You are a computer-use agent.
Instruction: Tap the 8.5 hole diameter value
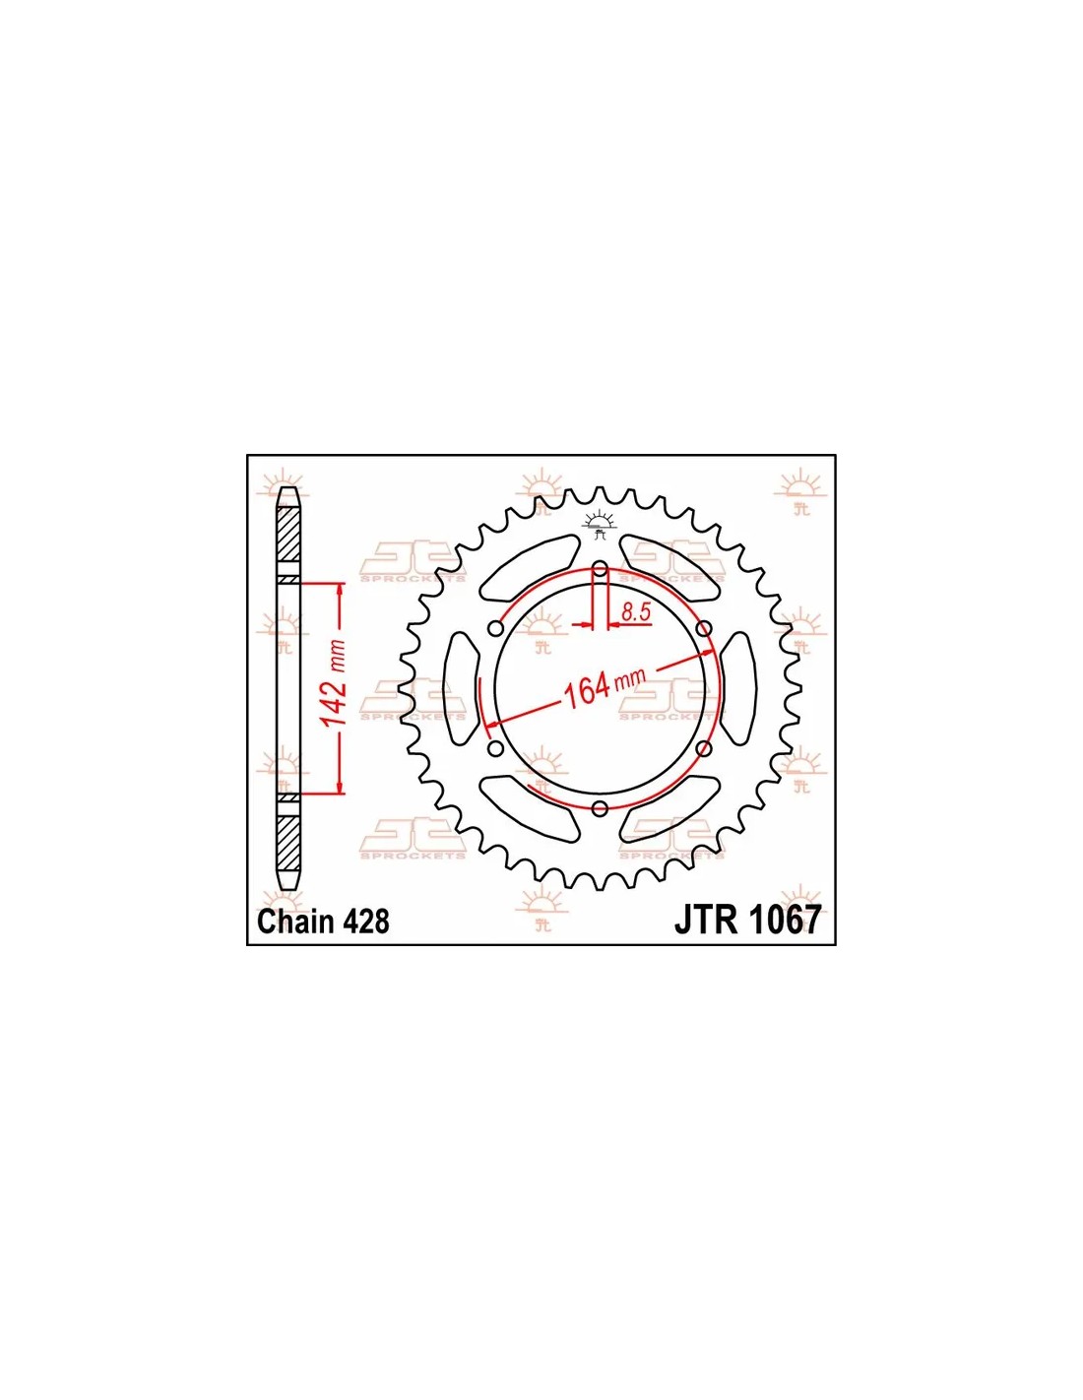[x=635, y=613]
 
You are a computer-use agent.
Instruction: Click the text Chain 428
[x=323, y=922]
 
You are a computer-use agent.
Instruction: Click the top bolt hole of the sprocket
[x=600, y=569]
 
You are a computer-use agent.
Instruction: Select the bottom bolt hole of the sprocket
[x=600, y=808]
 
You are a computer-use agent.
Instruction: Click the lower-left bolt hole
[x=496, y=748]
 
